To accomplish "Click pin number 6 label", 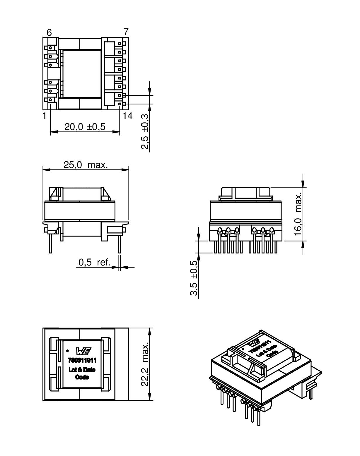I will [49, 32].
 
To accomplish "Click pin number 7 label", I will [126, 32].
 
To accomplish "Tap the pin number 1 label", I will [44, 116].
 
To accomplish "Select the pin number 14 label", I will [127, 116].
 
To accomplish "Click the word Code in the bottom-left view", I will [82, 377].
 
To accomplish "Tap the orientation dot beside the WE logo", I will [67, 350].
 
